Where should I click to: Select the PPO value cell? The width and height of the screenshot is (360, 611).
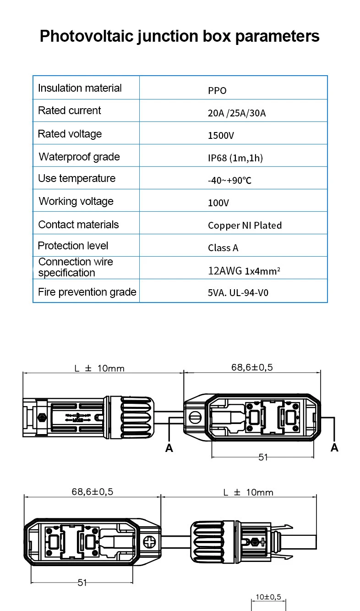click(x=217, y=91)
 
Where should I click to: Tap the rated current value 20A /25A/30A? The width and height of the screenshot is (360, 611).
click(x=236, y=113)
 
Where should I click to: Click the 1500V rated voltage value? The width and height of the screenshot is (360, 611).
click(x=221, y=136)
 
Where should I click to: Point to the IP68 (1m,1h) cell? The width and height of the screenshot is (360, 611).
click(x=235, y=158)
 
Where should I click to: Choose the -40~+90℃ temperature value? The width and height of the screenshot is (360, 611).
click(x=229, y=180)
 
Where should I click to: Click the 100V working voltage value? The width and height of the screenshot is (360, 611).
click(x=218, y=203)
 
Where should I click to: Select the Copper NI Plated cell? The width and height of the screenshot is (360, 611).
click(x=245, y=226)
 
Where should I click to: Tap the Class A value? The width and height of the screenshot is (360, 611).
click(x=223, y=248)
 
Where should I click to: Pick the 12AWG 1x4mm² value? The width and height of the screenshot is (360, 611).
click(x=244, y=271)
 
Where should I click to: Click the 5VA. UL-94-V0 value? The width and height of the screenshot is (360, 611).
click(x=238, y=293)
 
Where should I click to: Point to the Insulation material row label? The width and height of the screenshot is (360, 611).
click(x=80, y=88)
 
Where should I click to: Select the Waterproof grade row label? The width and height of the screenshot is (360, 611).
click(x=79, y=157)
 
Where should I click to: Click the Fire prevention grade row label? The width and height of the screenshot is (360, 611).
click(x=87, y=292)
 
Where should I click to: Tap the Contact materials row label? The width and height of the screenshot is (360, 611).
click(x=78, y=225)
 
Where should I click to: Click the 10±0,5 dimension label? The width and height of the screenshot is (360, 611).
click(x=268, y=597)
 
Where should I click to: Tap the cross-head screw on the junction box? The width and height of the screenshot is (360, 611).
click(x=149, y=541)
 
